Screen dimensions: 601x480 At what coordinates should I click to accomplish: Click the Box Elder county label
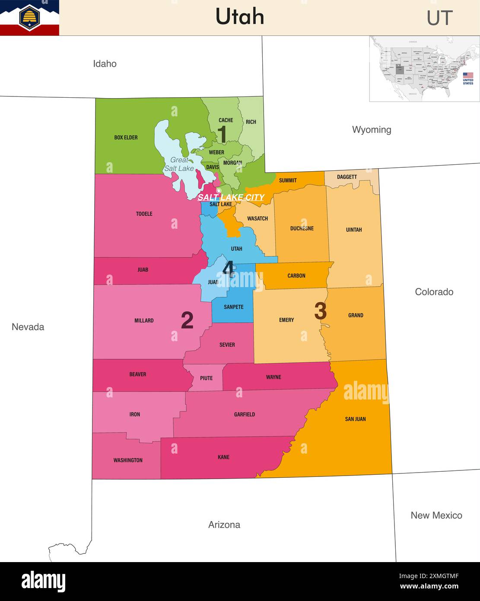click(126, 137)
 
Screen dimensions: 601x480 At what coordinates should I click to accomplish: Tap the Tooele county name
click(144, 214)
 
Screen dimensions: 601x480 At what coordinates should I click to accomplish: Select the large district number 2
click(187, 321)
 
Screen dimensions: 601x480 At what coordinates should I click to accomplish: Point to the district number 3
click(320, 311)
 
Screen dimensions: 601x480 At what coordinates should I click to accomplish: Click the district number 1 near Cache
click(222, 134)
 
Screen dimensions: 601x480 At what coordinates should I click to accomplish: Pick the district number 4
click(228, 269)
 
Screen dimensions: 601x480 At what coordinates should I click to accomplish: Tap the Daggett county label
click(347, 177)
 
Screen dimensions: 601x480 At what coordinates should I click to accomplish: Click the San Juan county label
click(355, 419)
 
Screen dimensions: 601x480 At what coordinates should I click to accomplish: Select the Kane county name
click(223, 457)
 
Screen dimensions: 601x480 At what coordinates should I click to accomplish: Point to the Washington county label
click(128, 460)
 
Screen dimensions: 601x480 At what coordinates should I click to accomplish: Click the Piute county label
click(206, 378)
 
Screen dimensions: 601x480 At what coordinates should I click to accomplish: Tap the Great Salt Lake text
click(179, 164)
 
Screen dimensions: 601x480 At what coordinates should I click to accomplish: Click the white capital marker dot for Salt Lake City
click(219, 191)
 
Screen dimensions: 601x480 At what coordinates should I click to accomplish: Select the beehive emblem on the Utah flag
click(29, 17)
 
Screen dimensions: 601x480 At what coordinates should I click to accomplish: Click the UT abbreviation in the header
click(439, 18)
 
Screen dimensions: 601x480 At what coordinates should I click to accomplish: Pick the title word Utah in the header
click(240, 17)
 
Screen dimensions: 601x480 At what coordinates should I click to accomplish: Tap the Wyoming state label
click(372, 130)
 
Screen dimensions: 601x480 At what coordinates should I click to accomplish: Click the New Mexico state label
click(436, 515)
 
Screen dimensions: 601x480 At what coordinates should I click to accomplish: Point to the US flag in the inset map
click(468, 75)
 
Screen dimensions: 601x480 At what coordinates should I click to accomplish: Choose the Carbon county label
click(296, 276)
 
